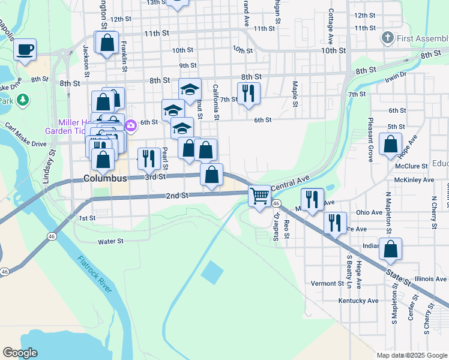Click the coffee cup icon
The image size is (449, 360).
25,50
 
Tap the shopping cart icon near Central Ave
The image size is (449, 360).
259,196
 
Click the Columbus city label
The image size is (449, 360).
105,178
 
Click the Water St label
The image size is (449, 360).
110,241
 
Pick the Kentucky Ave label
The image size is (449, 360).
358,301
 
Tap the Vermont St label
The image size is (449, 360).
327,283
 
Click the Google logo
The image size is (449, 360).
20,353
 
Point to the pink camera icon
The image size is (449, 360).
131,125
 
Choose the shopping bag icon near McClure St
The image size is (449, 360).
391,145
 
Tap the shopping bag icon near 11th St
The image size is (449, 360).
107,43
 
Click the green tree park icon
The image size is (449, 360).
23,100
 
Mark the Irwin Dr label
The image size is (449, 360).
396,75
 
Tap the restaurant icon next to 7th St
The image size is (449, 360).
248,93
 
